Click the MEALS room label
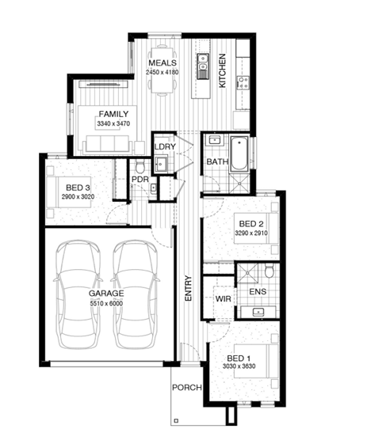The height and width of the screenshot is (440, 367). (x=162, y=63)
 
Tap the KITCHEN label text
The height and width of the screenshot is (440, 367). (x=222, y=70)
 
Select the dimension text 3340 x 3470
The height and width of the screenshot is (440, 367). (x=113, y=123)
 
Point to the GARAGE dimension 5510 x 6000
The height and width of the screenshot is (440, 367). (x=106, y=303)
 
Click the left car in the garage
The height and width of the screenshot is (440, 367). (x=78, y=294)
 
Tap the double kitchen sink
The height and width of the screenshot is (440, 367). (x=203, y=66)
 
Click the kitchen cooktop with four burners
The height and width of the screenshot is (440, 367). (x=243, y=83)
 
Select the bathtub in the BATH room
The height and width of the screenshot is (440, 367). (x=239, y=154)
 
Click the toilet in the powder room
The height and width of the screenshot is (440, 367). (x=140, y=167)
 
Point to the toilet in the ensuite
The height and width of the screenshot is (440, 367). (x=270, y=271)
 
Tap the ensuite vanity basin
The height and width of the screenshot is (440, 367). (x=258, y=312)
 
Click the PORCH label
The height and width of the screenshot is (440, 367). (x=187, y=388)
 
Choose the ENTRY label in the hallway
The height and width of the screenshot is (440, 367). (x=189, y=289)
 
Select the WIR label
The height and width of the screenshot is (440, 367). (x=223, y=298)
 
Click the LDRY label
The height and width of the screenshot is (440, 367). (x=165, y=146)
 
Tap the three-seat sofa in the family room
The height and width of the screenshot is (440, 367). (x=107, y=144)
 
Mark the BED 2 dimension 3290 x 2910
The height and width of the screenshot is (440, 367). (x=251, y=233)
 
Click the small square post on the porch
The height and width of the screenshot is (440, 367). (x=176, y=420)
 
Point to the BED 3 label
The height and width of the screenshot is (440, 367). (x=78, y=188)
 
